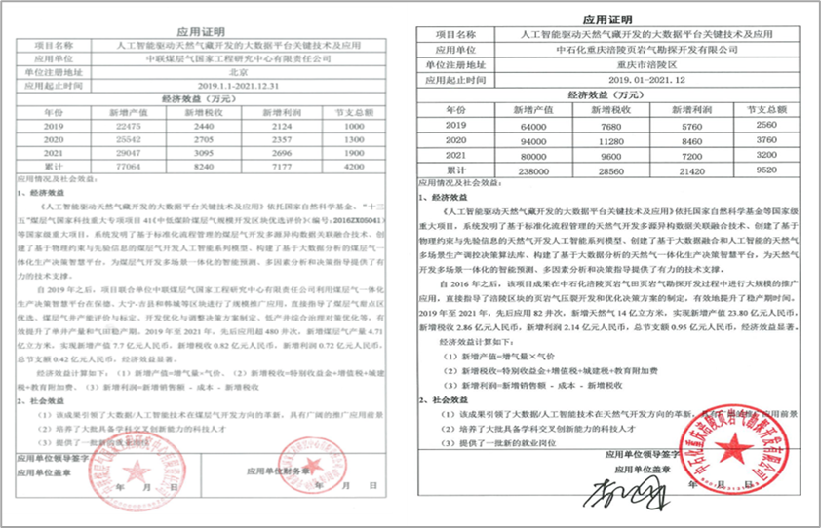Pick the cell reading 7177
point(279,167)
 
